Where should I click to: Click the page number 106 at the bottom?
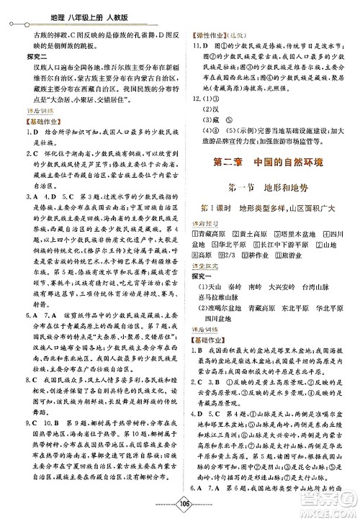click(179, 506)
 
